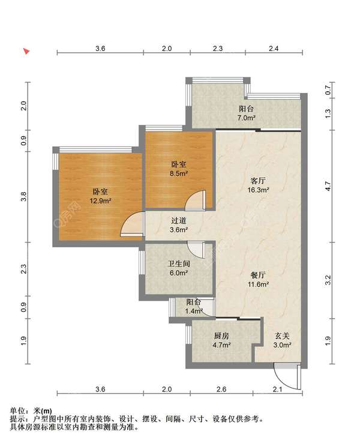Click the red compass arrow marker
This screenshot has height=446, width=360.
tap(26, 51)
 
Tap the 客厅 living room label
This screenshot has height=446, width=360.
tap(258, 181)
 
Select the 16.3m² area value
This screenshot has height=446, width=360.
tap(258, 190)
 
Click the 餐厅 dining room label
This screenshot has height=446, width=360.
tap(258, 275)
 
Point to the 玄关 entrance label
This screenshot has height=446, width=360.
tap(282, 336)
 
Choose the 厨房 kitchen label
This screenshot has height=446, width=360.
tap(221, 336)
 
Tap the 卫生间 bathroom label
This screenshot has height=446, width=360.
tap(179, 264)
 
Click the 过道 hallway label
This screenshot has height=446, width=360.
tap(179, 220)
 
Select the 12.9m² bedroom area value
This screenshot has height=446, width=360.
tap(100, 201)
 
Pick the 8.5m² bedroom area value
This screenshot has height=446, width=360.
tap(179, 173)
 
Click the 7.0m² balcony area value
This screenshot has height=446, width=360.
tap(246, 118)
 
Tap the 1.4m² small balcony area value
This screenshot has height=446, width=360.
tap(194, 311)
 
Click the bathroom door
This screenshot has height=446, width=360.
tap(196, 249)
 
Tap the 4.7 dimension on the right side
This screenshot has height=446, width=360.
tap(328, 186)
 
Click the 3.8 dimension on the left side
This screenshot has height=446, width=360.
tap(24, 196)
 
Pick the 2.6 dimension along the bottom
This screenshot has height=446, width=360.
tap(221, 389)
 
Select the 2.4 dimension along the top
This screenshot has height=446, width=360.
tap(274, 49)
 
